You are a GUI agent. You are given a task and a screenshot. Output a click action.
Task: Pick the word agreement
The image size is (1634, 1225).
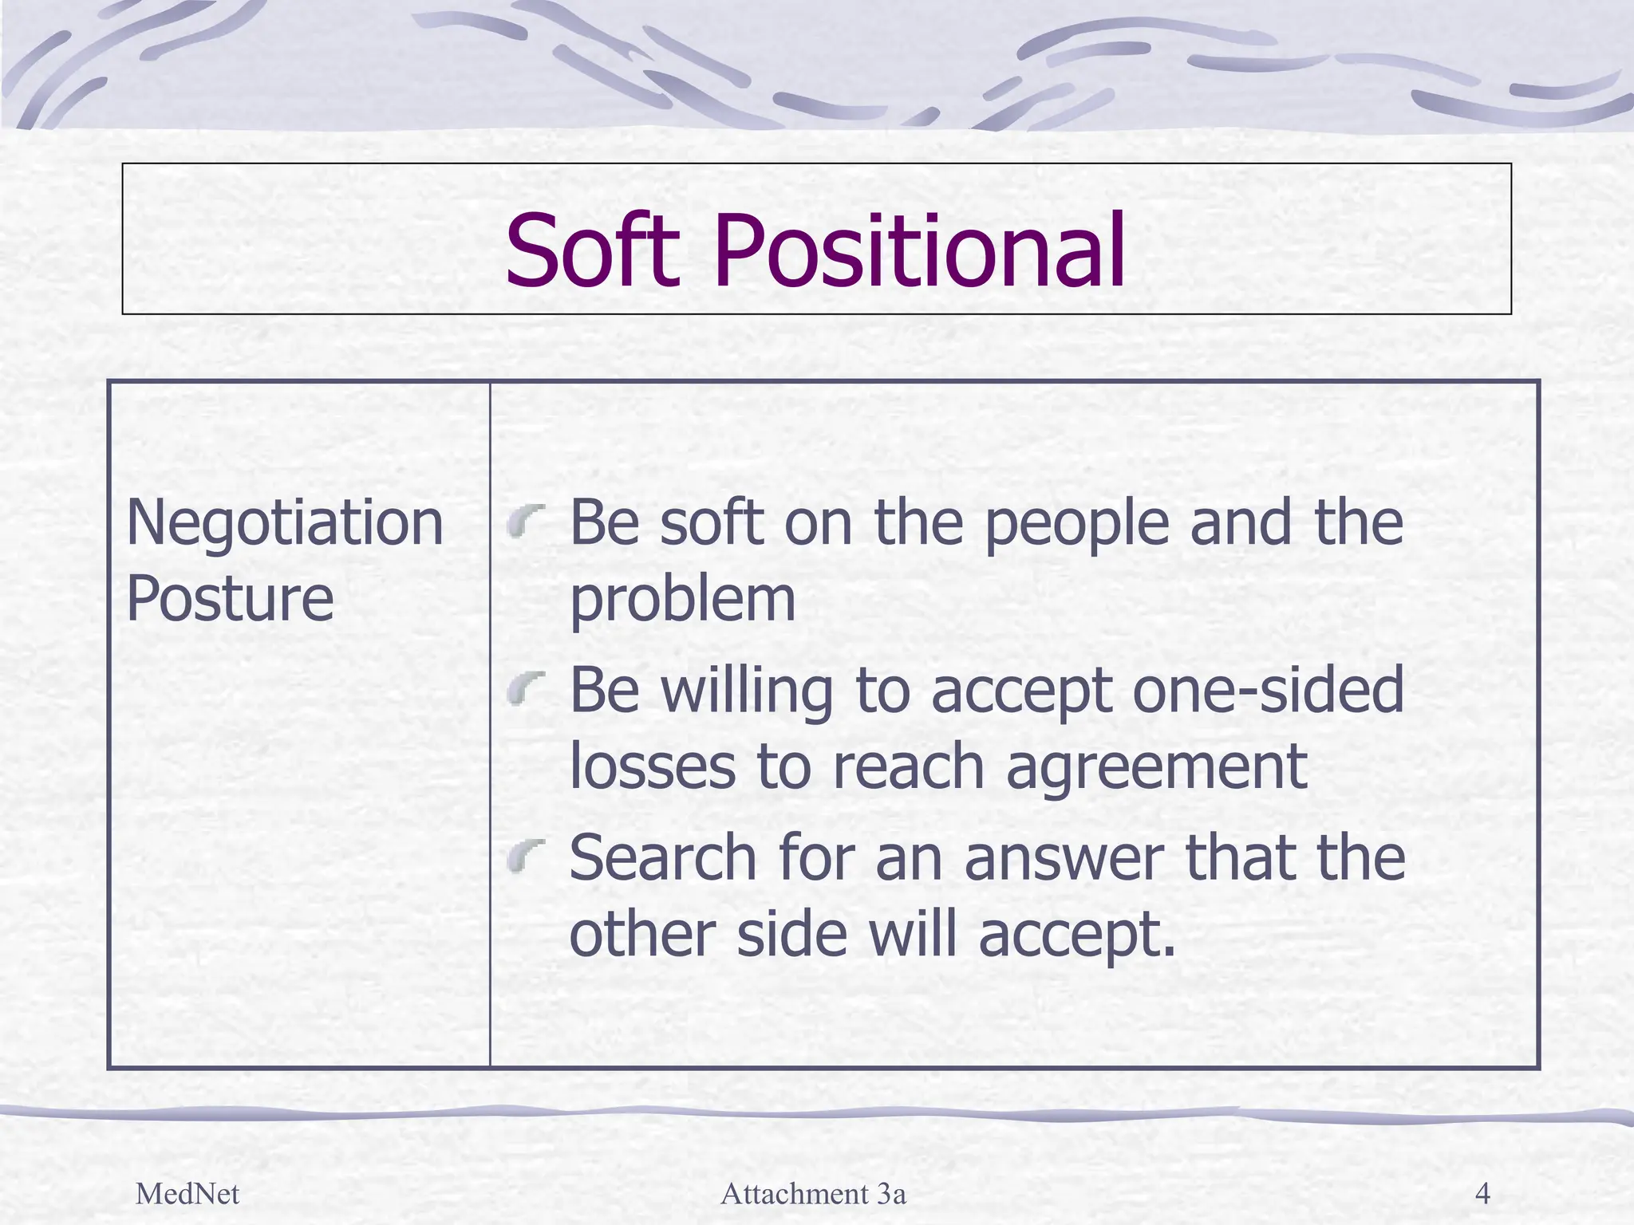point(1156,767)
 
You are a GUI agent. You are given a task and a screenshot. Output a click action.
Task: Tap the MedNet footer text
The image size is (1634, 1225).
point(187,1194)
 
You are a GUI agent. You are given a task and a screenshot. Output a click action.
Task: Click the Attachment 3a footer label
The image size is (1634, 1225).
point(813,1194)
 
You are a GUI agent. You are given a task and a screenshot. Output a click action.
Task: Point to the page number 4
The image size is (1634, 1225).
point(1482,1194)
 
